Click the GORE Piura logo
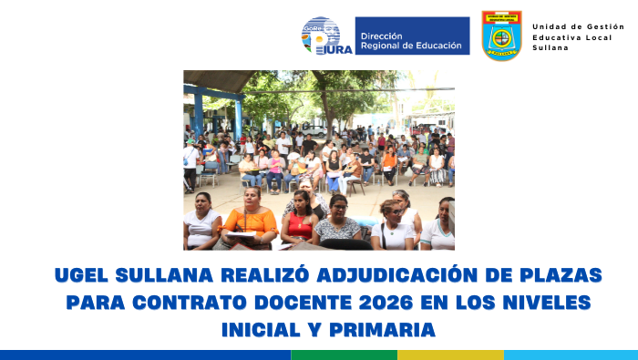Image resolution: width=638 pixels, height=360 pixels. tap(325, 36)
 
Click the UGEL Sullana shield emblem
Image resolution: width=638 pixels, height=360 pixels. tap(502, 36)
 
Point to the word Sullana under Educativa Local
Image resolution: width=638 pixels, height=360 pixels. tap(550, 47)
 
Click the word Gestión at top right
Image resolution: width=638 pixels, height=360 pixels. tap(605, 26)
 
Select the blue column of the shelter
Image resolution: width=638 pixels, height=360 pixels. tap(198, 114)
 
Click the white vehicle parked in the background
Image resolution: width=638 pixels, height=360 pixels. tap(314, 130)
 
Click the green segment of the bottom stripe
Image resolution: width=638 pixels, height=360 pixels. tap(344, 355)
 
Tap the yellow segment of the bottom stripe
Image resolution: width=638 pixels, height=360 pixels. tap(450, 355)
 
